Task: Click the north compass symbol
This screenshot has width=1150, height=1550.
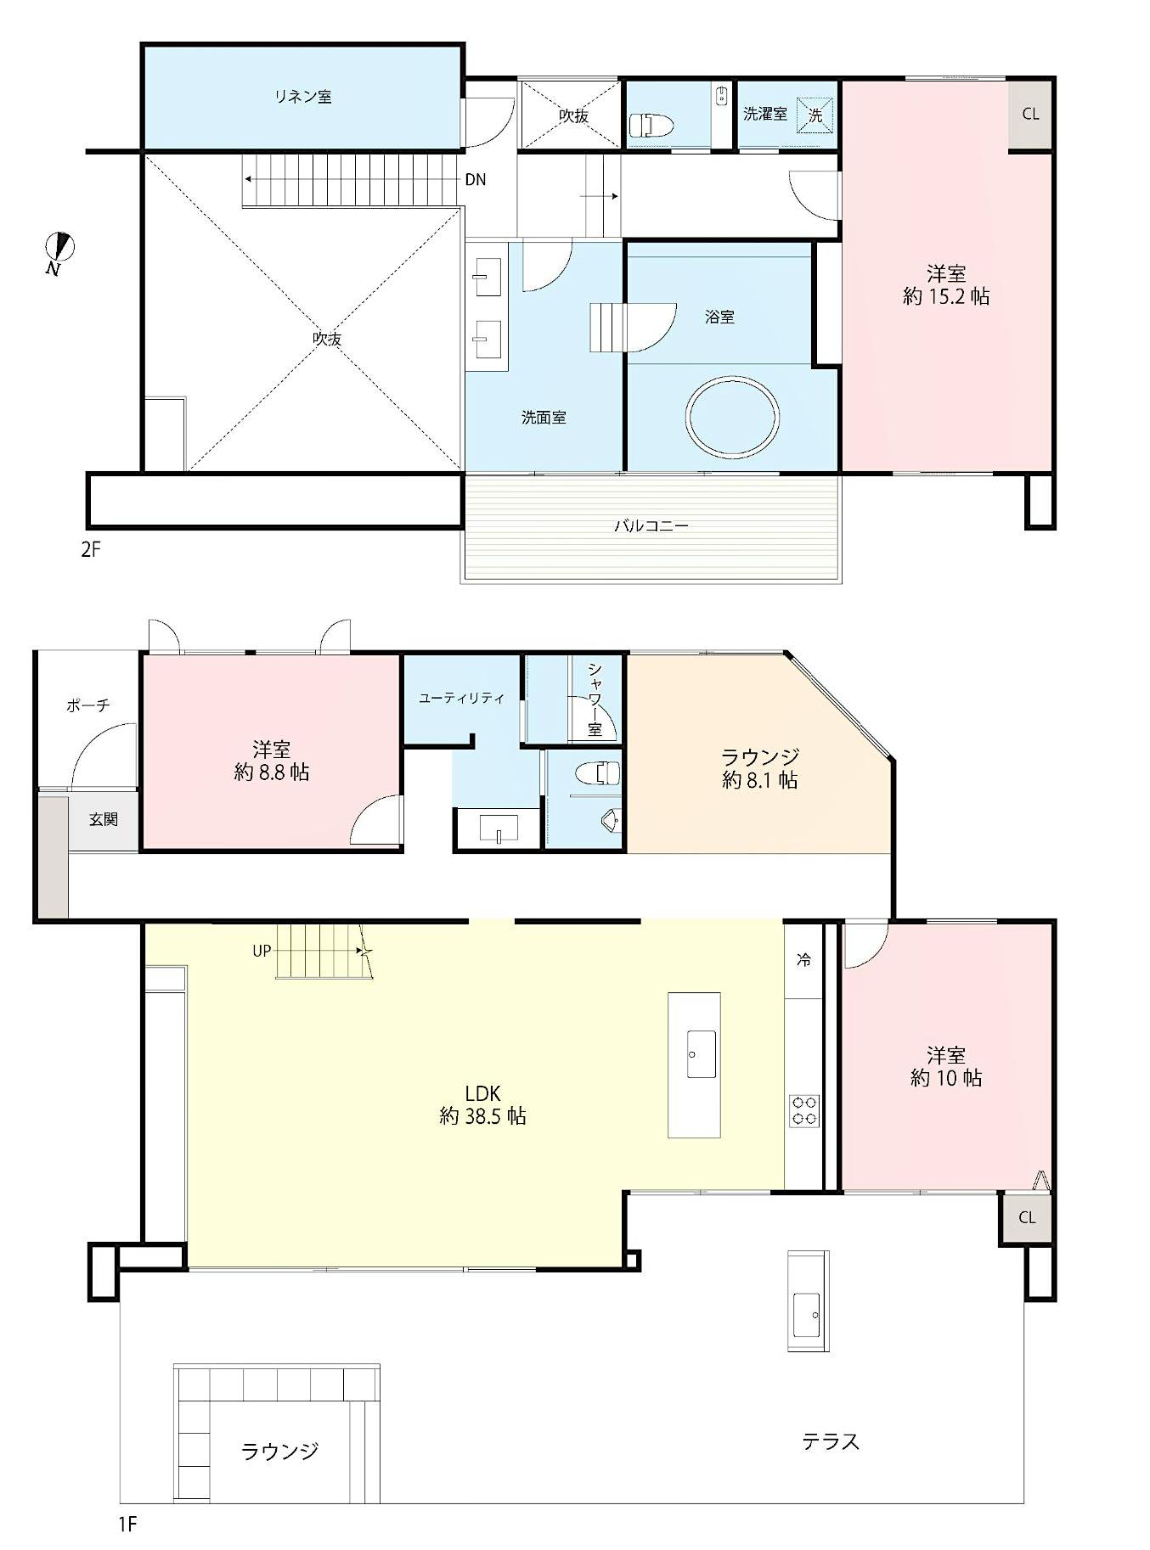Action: [x=59, y=251]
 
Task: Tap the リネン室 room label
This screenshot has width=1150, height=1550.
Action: [x=302, y=97]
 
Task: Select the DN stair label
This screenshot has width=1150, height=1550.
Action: [x=476, y=180]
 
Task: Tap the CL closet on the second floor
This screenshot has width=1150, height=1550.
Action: [x=1030, y=115]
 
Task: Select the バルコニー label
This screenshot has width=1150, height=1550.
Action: [x=651, y=525]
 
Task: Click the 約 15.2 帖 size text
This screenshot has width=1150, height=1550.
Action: [x=946, y=296]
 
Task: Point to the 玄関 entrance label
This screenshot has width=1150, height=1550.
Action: [x=104, y=819]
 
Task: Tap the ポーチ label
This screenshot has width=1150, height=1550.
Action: [x=88, y=705]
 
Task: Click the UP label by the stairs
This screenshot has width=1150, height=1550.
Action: [x=262, y=951]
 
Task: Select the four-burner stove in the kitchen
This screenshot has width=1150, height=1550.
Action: [x=804, y=1111]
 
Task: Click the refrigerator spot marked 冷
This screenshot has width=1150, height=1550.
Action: [x=803, y=960]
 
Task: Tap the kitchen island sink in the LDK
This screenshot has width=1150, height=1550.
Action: [x=702, y=1054]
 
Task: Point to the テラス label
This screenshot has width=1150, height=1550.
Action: [x=831, y=1440]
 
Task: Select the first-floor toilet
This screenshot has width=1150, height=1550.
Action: [x=599, y=773]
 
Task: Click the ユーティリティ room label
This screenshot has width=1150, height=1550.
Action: [x=462, y=699]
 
